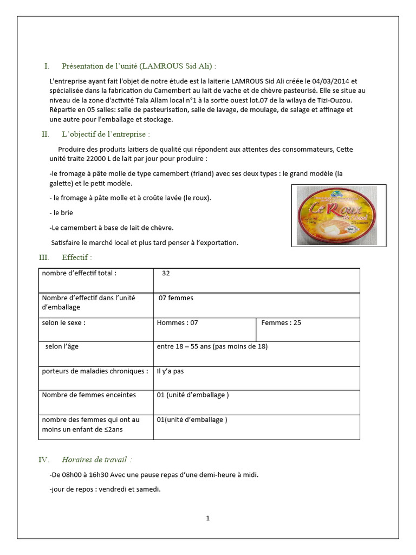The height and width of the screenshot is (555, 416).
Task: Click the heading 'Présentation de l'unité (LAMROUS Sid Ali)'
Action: (139, 66)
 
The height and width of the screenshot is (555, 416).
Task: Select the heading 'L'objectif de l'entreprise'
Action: (106, 134)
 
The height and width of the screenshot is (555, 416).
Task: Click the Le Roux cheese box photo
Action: (339, 216)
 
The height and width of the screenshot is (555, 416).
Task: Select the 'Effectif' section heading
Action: (76, 257)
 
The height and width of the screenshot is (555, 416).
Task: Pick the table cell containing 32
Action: (166, 273)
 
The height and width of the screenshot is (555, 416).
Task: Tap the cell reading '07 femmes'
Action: (175, 298)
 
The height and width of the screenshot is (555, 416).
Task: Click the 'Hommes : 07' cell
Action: (177, 322)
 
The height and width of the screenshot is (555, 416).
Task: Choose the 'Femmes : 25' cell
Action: (281, 322)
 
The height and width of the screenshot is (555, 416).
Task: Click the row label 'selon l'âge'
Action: (62, 346)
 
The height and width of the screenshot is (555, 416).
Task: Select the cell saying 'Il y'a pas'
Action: (170, 371)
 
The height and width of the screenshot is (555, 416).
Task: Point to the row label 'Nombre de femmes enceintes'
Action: (89, 395)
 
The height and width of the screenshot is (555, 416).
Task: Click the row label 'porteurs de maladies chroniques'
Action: (94, 371)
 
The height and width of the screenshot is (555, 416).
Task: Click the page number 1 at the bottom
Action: (207, 518)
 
